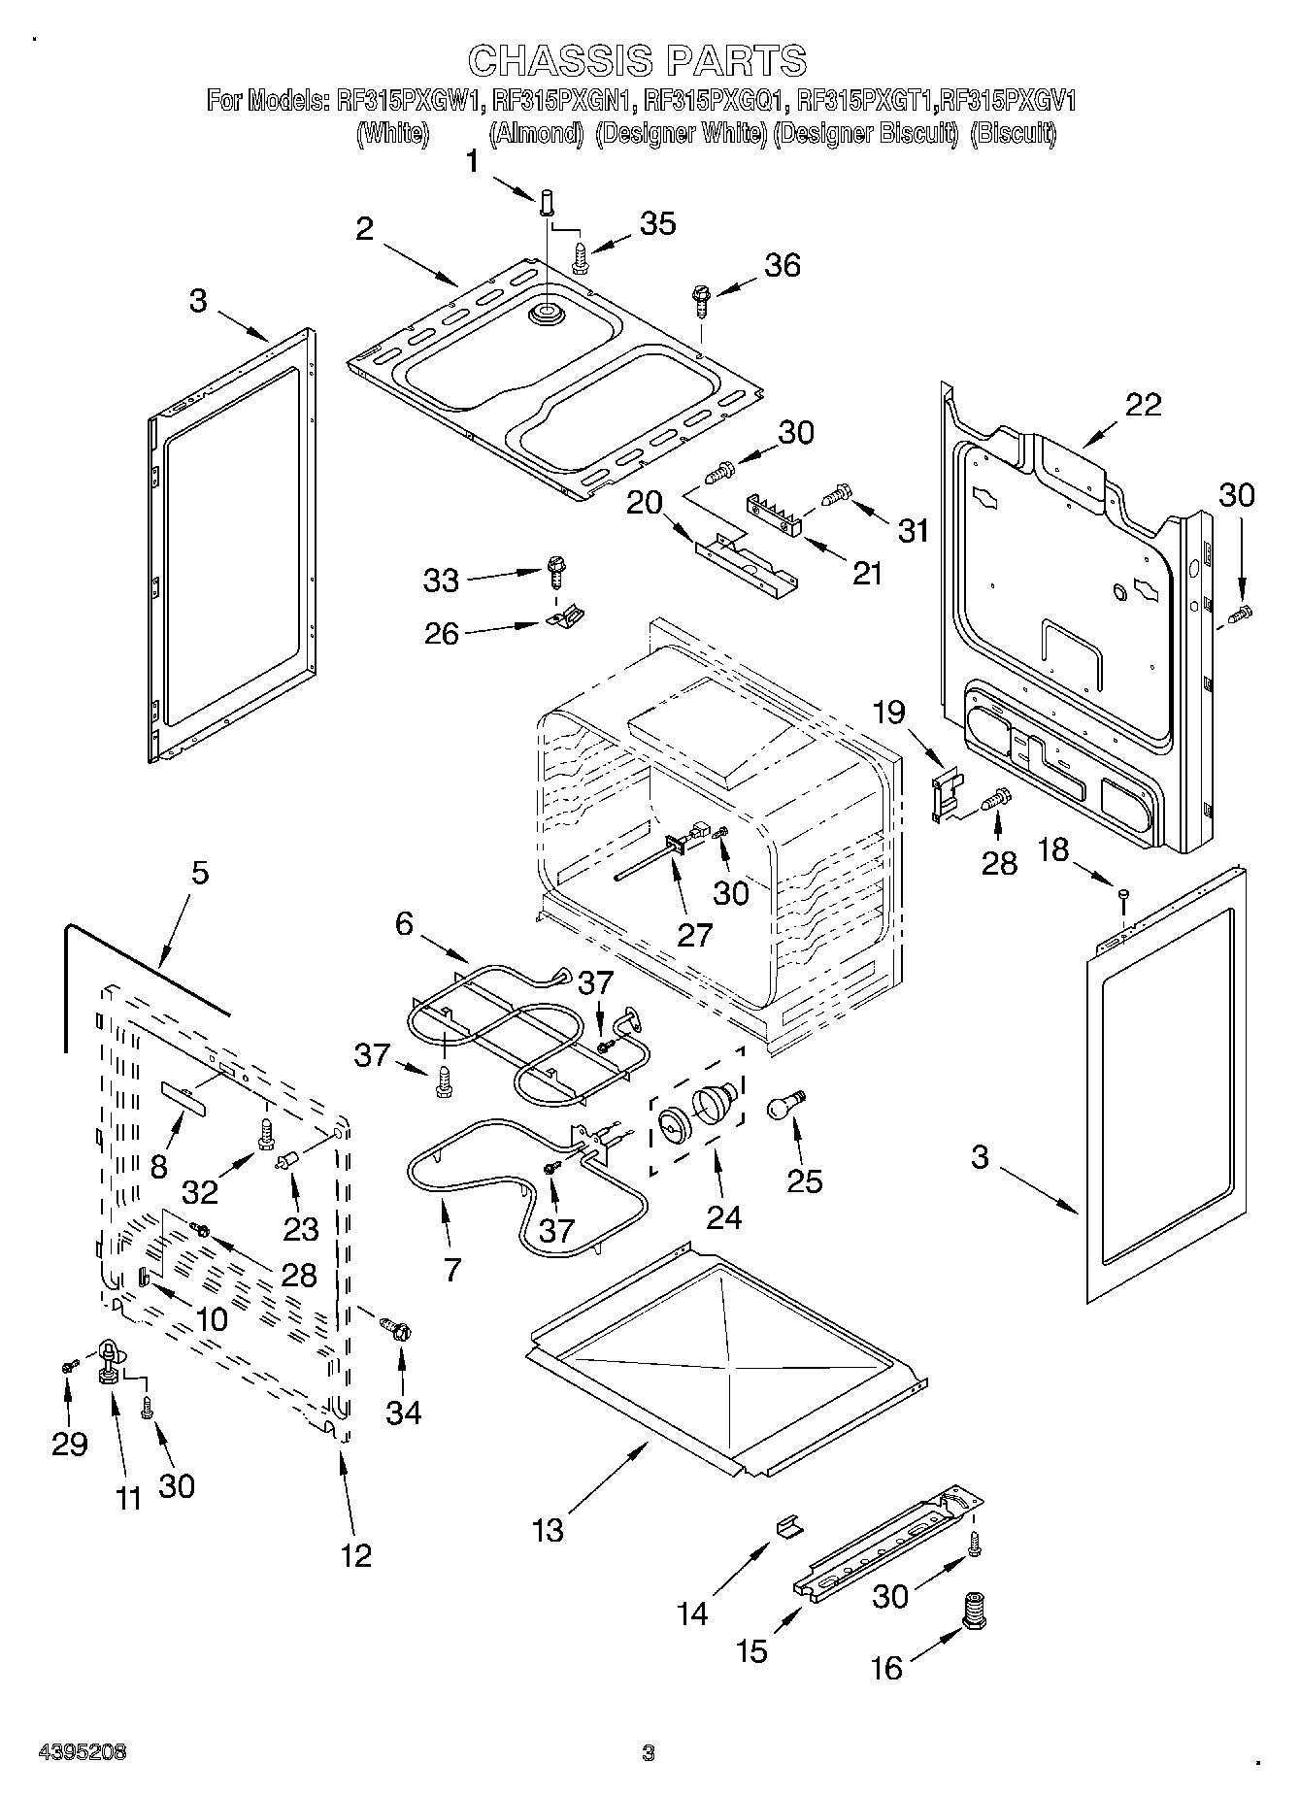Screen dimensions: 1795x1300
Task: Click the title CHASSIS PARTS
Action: click(x=637, y=60)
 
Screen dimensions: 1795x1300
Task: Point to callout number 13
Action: click(x=548, y=1530)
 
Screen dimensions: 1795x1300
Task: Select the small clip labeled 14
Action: click(x=788, y=1525)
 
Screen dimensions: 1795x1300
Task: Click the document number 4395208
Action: click(x=82, y=1751)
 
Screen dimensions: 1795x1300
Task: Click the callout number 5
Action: click(x=199, y=873)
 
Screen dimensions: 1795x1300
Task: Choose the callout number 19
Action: click(x=889, y=715)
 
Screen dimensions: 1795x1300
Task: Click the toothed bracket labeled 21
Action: click(x=776, y=514)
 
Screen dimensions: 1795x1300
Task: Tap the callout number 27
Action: click(x=695, y=934)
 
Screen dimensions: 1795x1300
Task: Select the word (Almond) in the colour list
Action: click(x=535, y=133)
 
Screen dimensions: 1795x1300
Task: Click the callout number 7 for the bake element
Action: click(x=451, y=1269)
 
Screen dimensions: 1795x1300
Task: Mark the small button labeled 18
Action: click(x=1123, y=893)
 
